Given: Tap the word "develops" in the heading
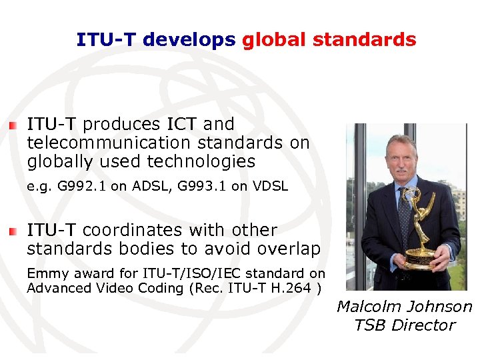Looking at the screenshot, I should (x=189, y=40).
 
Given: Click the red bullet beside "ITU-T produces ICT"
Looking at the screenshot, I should (x=13, y=125).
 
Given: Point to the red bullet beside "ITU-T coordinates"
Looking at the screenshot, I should (x=13, y=231).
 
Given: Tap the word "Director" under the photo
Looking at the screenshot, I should (x=427, y=325).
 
